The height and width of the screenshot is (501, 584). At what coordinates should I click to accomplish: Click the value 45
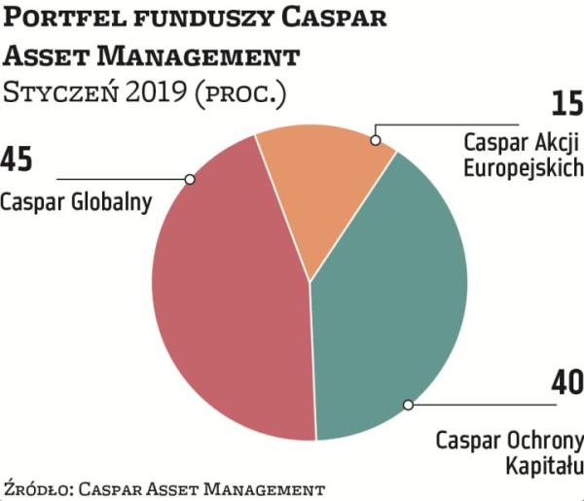[20, 159]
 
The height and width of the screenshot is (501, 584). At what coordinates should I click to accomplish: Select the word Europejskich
[523, 166]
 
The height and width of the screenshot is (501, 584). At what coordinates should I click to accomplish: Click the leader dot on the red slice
[190, 179]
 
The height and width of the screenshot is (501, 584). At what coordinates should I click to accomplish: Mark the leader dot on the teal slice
[409, 404]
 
